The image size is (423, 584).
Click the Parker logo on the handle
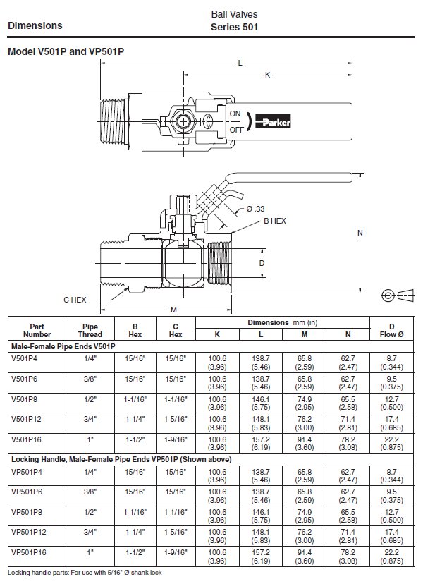tap(266, 121)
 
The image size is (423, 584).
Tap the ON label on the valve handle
tap(235, 114)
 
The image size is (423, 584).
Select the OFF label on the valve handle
tap(236, 130)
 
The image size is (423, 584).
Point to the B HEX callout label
tap(274, 221)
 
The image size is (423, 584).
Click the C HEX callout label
tap(74, 300)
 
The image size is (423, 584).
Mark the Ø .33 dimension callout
tap(255, 209)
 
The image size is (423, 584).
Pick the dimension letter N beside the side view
tap(360, 232)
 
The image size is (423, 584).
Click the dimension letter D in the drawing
tap(262, 263)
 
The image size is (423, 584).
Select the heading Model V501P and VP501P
tap(66, 51)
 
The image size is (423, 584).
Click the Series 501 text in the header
tap(235, 28)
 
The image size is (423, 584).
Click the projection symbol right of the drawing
tap(395, 293)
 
